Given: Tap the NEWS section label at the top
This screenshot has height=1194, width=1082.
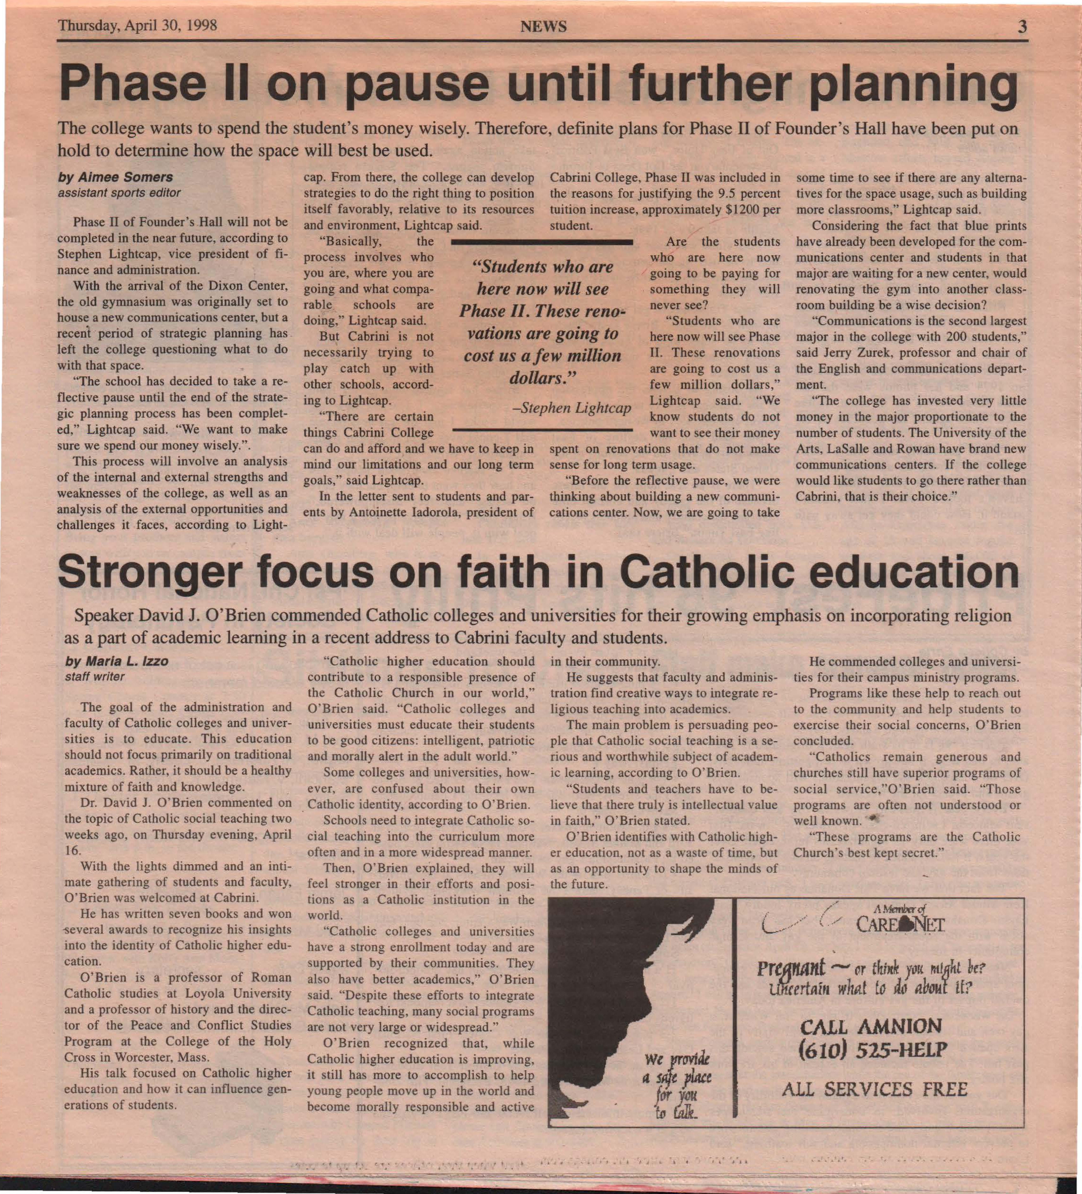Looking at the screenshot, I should click(x=543, y=27).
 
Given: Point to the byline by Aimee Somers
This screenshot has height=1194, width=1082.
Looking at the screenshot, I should click(x=115, y=177).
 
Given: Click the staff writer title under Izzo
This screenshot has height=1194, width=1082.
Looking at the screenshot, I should click(x=95, y=676).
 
